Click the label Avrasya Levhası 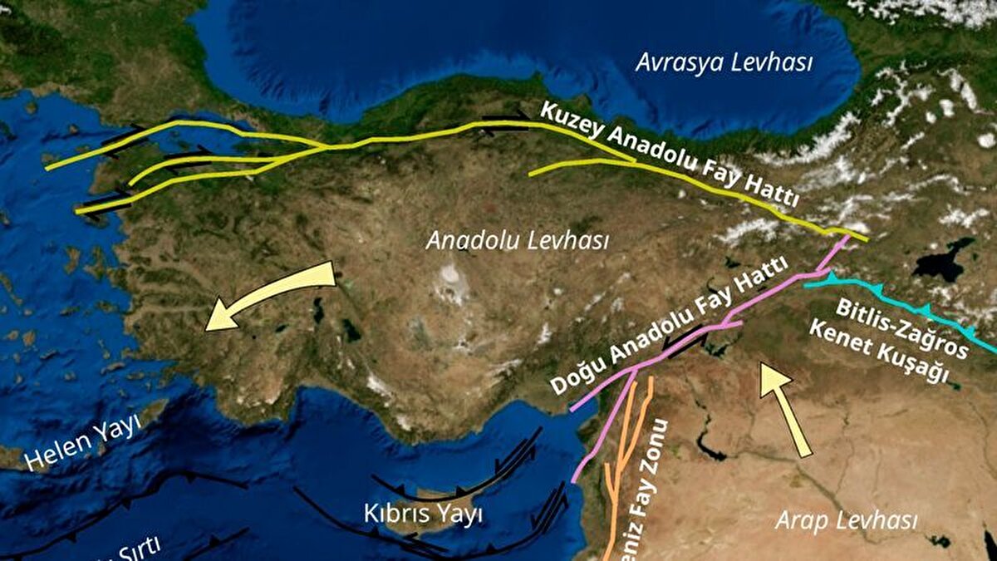click(x=724, y=63)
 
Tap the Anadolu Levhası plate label click(x=517, y=241)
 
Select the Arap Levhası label click(x=846, y=521)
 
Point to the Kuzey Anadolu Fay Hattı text click(x=670, y=155)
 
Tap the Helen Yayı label click(x=82, y=443)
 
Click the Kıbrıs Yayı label click(x=423, y=514)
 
